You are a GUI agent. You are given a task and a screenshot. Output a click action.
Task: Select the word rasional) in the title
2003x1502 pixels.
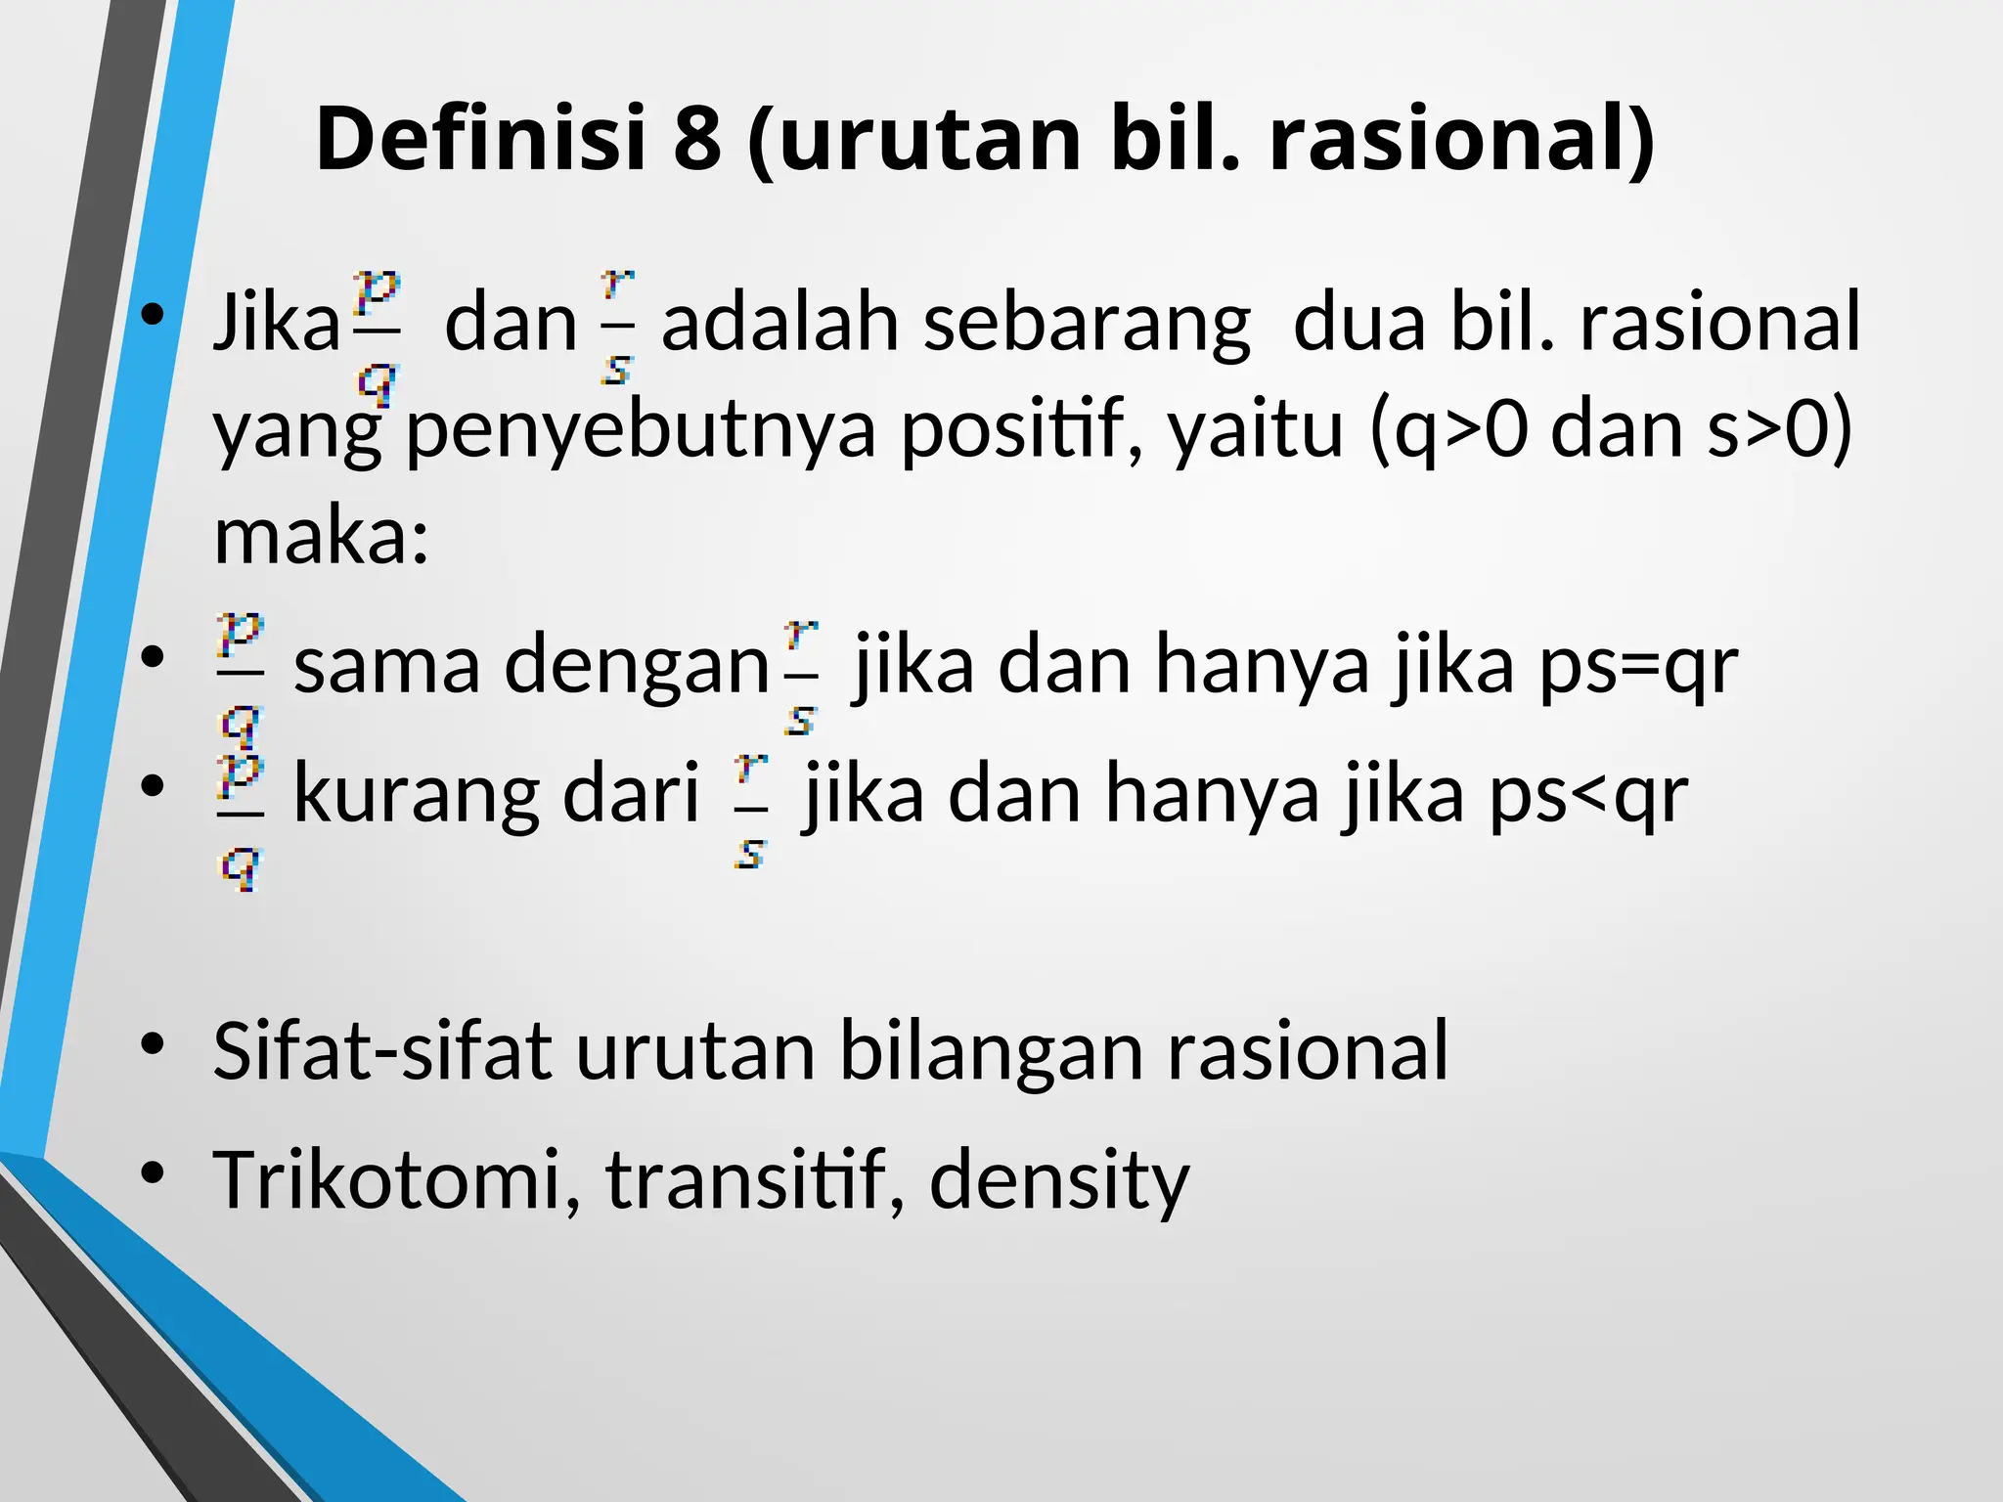click(1461, 140)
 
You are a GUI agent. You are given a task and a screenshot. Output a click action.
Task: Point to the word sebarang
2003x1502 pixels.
click(1087, 325)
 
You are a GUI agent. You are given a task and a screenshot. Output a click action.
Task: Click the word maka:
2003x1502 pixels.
click(322, 537)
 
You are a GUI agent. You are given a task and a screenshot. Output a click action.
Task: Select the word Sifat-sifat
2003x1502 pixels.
click(381, 1051)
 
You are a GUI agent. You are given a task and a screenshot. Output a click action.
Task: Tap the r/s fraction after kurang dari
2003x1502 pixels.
click(750, 811)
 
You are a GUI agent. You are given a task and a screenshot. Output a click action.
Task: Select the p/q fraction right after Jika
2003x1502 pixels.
click(376, 337)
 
